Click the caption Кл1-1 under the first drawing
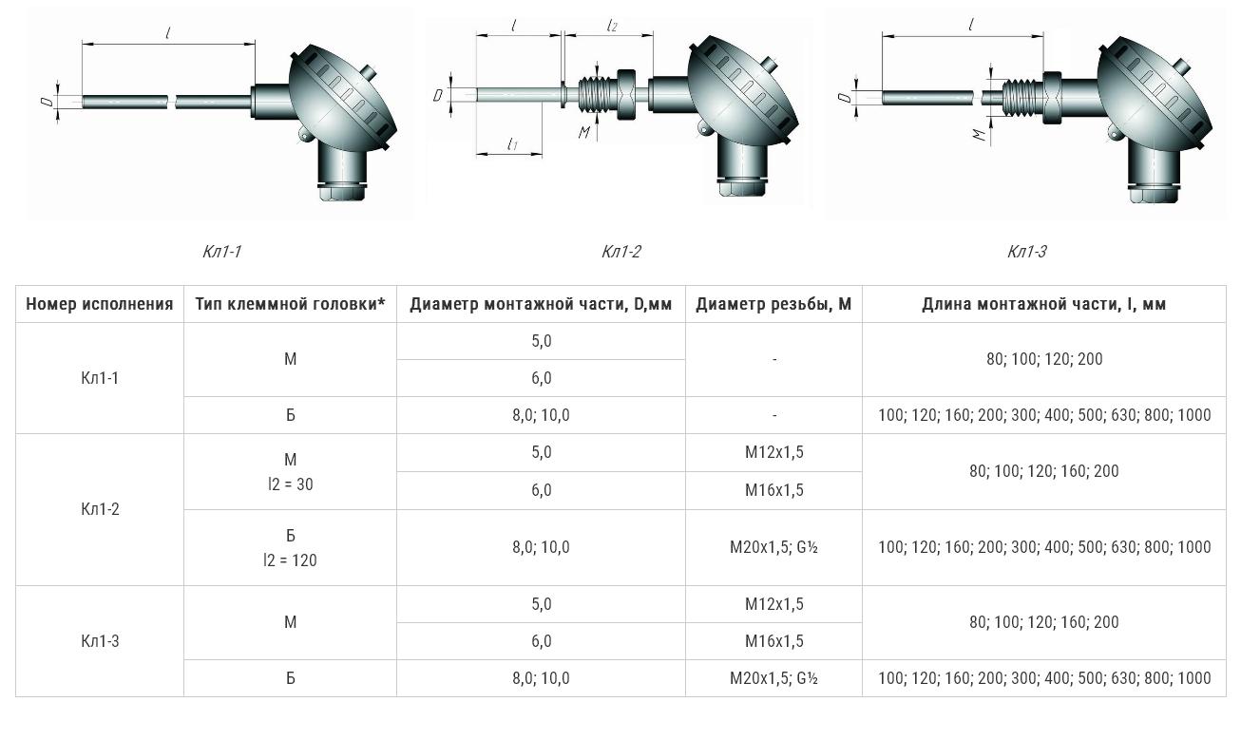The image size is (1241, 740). tap(221, 252)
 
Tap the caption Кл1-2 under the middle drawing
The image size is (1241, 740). tap(621, 252)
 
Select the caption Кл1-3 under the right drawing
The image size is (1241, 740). tap(1026, 252)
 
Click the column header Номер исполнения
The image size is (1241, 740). tap(100, 304)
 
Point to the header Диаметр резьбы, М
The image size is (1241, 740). tap(773, 304)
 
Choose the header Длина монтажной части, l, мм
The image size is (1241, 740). tap(1043, 304)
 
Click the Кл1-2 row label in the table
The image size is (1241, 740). tap(100, 509)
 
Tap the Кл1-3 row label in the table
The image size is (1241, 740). tap(100, 641)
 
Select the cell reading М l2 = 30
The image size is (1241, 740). tap(291, 472)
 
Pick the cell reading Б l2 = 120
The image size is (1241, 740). tap(291, 548)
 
